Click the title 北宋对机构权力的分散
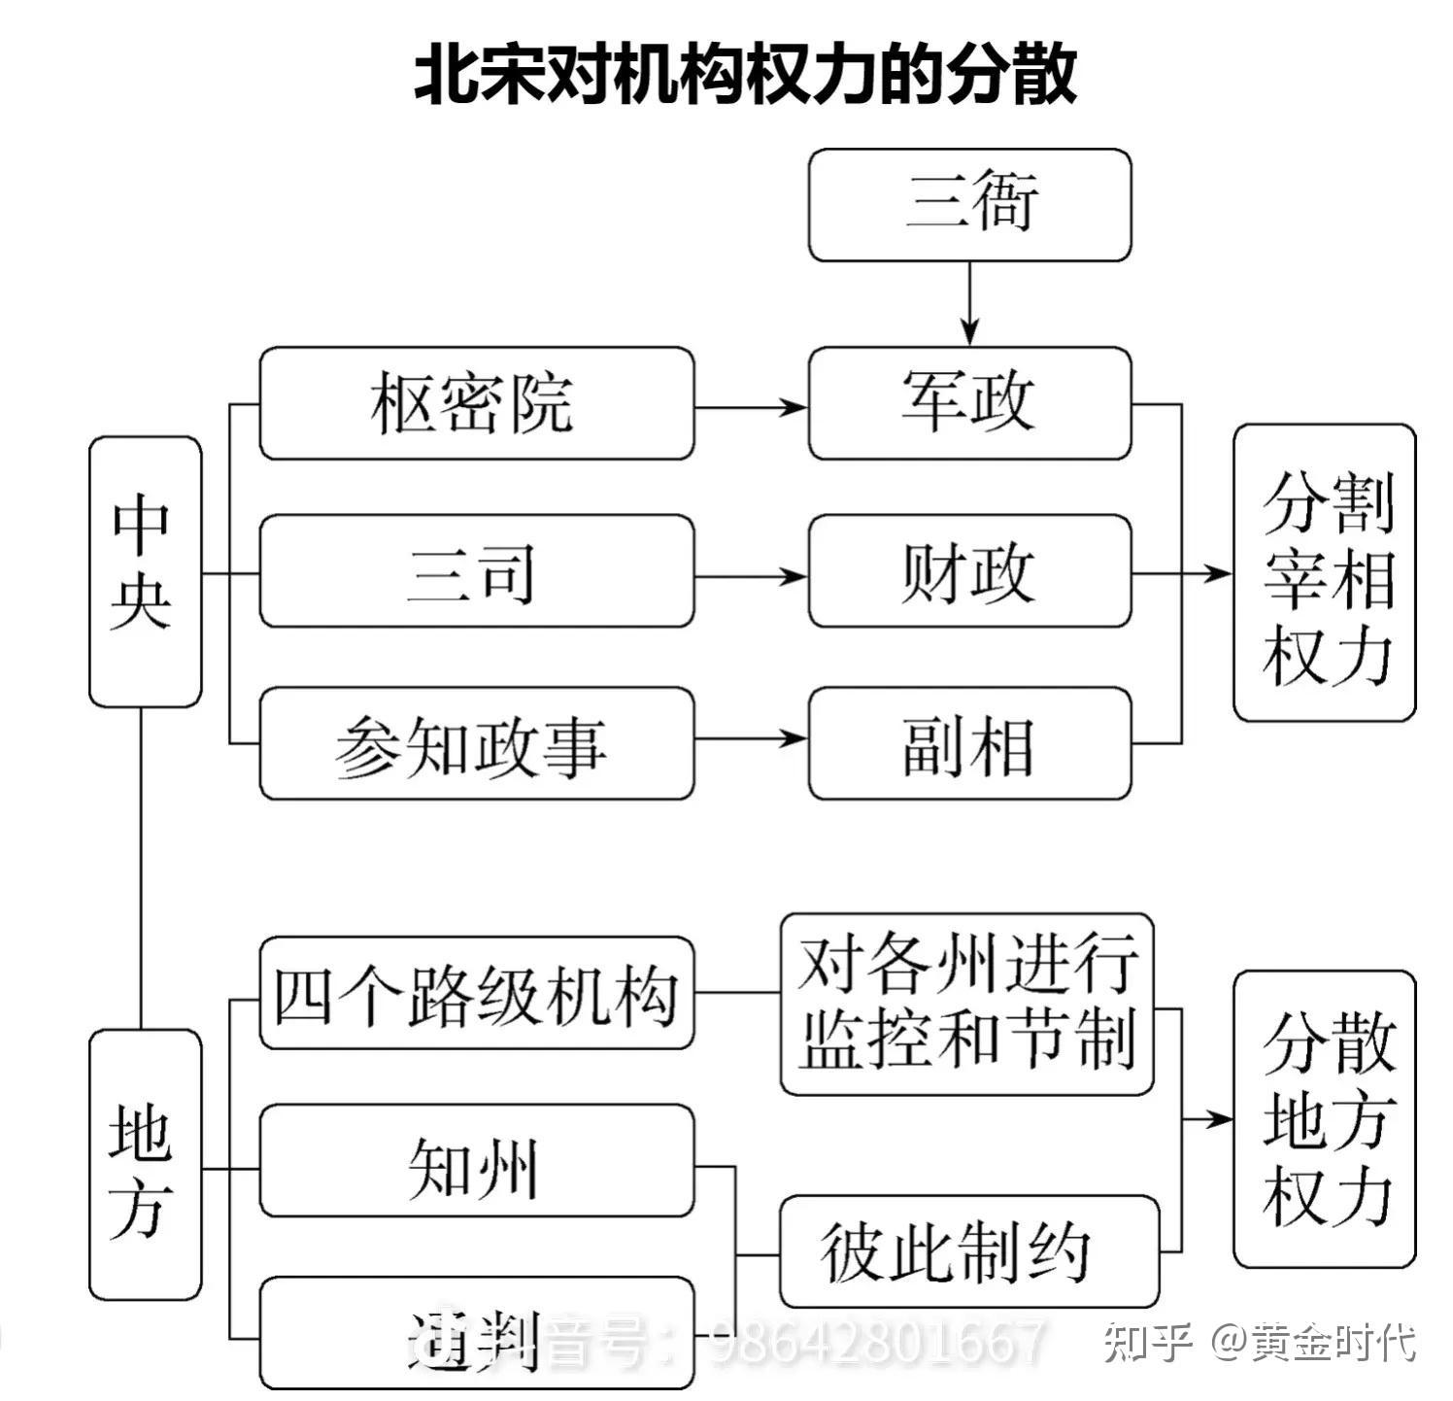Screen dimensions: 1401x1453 tap(745, 74)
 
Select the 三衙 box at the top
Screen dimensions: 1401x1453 tap(969, 205)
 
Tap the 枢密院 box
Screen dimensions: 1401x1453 tap(476, 403)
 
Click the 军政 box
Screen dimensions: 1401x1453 tap(969, 403)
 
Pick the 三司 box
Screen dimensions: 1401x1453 tap(476, 572)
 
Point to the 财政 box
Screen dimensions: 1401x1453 tap(969, 572)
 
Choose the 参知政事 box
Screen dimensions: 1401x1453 tap(476, 744)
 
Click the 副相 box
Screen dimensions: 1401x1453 tap(969, 744)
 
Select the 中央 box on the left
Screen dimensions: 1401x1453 tap(145, 571)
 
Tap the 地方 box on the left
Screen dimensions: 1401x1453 tap(145, 1165)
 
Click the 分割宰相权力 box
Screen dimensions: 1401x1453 tap(1324, 573)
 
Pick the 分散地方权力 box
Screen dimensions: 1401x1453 tap(1324, 1119)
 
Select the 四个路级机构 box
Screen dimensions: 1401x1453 tap(476, 993)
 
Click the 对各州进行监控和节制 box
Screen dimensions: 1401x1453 tap(967, 1004)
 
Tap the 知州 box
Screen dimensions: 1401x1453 tap(476, 1161)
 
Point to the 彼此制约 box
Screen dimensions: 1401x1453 tap(969, 1252)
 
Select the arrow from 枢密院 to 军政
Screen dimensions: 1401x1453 tap(751, 407)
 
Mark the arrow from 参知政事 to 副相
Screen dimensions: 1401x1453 tap(751, 739)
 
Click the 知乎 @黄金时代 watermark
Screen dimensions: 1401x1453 tap(1259, 1344)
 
